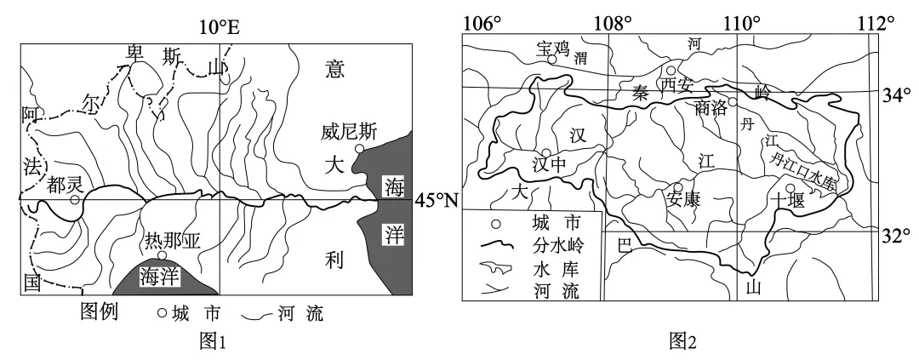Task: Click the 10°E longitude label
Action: [x=220, y=28]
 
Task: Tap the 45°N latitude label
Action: [x=436, y=202]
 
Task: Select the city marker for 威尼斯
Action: [x=360, y=149]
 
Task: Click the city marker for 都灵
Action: [x=75, y=200]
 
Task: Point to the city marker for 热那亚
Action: [x=162, y=255]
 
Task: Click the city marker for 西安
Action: [x=671, y=71]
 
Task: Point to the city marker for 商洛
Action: [x=733, y=100]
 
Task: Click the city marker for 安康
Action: [x=678, y=187]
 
